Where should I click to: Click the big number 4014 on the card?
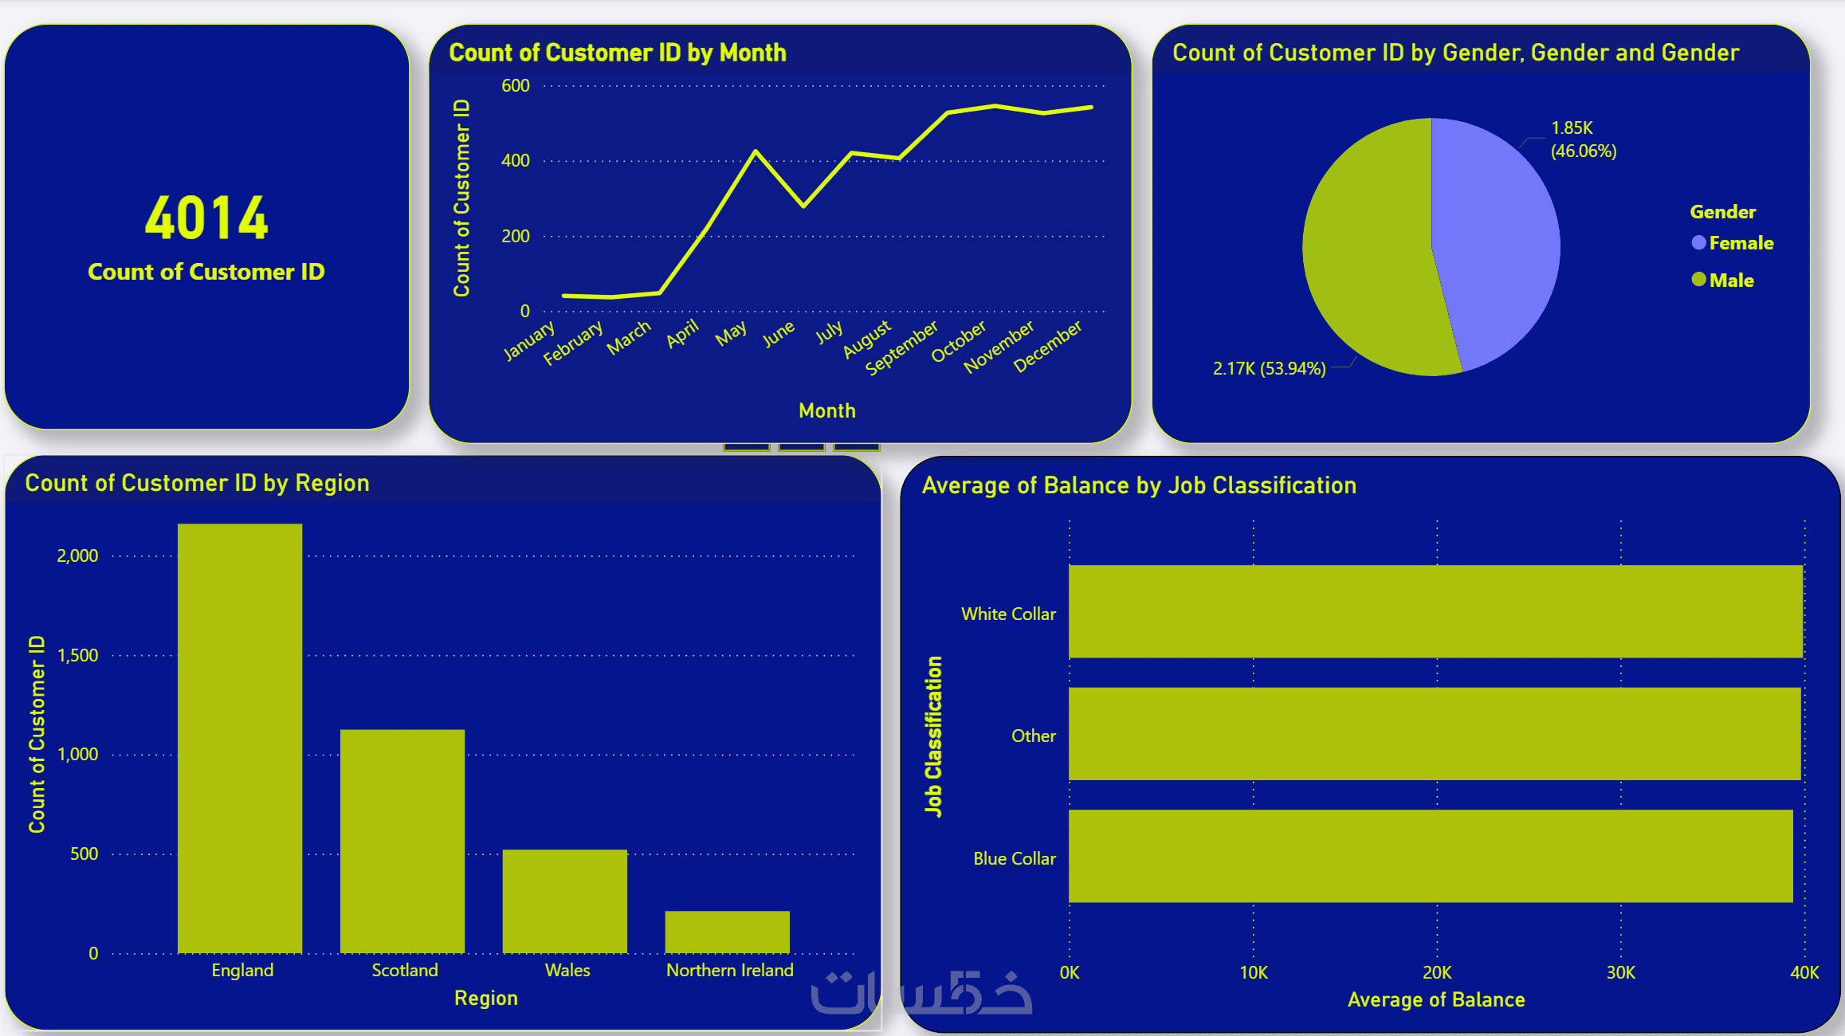(x=206, y=218)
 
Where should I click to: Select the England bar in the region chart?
(x=240, y=737)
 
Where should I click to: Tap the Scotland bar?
(x=402, y=841)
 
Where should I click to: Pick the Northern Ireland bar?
(x=727, y=932)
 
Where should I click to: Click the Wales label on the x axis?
(x=567, y=971)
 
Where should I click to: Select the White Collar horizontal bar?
(x=1435, y=611)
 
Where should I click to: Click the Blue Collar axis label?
(x=1014, y=858)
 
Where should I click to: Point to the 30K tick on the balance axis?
(x=1620, y=972)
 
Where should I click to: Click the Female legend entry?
(x=1741, y=243)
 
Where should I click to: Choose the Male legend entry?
(x=1730, y=281)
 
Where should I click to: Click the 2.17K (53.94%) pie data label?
(x=1269, y=368)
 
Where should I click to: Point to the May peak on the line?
(x=755, y=151)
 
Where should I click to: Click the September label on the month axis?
(x=902, y=348)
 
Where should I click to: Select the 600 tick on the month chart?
(x=515, y=86)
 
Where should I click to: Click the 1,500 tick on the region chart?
(x=77, y=655)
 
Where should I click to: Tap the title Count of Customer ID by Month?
(x=618, y=53)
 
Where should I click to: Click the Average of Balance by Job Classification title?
(x=1139, y=485)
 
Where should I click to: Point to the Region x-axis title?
(x=485, y=998)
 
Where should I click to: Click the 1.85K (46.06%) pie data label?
(x=1583, y=139)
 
